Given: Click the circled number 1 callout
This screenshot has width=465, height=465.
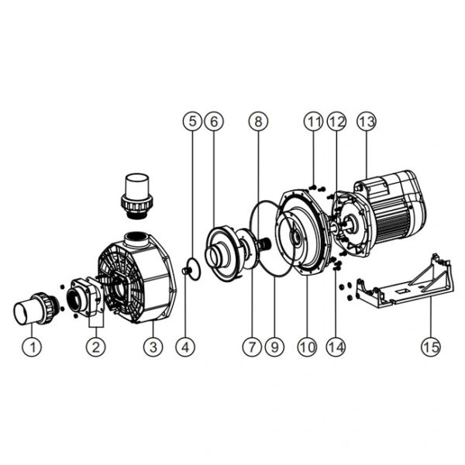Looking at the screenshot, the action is point(33,346).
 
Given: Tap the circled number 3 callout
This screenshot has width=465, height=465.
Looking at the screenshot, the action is point(153,346).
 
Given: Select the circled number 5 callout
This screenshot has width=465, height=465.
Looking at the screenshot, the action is point(193,122).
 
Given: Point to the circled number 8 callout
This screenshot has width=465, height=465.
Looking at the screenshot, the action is point(258,122).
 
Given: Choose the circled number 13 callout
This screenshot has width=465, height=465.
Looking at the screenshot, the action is point(367,122).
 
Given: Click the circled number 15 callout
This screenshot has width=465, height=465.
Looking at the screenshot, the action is point(431,346).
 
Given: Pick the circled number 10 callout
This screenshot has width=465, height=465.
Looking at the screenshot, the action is point(308,346).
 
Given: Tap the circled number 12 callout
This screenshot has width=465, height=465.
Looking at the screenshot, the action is point(336,122).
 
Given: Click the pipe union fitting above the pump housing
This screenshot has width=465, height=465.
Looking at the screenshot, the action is point(136,196).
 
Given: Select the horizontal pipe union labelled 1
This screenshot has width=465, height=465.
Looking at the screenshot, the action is point(37,308).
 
